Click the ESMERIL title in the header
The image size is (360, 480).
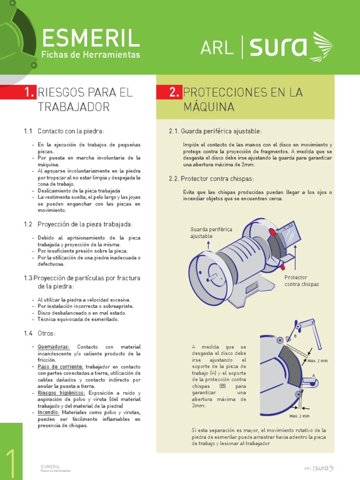(90, 38)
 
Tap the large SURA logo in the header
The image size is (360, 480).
(291, 47)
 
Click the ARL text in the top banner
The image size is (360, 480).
(217, 48)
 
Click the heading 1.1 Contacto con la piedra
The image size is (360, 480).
(64, 131)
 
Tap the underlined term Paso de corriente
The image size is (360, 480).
(60, 367)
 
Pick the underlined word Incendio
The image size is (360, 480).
(49, 412)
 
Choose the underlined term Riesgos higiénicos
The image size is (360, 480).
(61, 393)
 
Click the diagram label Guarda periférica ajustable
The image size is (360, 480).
(211, 232)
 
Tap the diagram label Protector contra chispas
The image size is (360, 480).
(301, 281)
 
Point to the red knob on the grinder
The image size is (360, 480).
(282, 267)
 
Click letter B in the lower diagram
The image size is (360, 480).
(295, 337)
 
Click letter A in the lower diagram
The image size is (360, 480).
(313, 375)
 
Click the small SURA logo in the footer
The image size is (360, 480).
(323, 468)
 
